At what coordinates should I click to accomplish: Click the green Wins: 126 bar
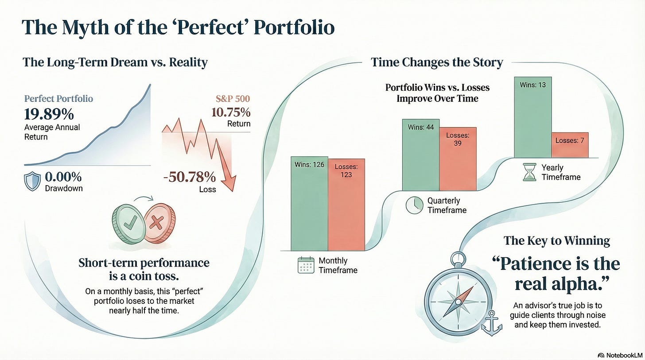[309, 203]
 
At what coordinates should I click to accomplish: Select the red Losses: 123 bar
[346, 205]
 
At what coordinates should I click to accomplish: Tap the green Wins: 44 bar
[421, 155]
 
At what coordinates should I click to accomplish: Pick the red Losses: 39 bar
[458, 159]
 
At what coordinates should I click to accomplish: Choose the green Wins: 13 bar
[533, 117]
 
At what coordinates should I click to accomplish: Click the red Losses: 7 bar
[570, 145]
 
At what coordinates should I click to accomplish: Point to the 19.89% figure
[49, 114]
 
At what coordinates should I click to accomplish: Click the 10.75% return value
[231, 112]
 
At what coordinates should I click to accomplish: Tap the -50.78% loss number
[190, 177]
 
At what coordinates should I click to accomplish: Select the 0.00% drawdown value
[63, 177]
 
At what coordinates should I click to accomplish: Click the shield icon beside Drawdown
[32, 181]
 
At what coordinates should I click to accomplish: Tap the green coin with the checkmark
[128, 224]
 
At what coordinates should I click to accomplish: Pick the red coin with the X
[159, 223]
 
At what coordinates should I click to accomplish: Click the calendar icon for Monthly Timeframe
[306, 265]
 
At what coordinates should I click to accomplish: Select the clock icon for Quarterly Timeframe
[414, 205]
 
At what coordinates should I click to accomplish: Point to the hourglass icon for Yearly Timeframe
[529, 172]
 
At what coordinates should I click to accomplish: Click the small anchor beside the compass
[492, 323]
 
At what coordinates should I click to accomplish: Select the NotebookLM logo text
[624, 356]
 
